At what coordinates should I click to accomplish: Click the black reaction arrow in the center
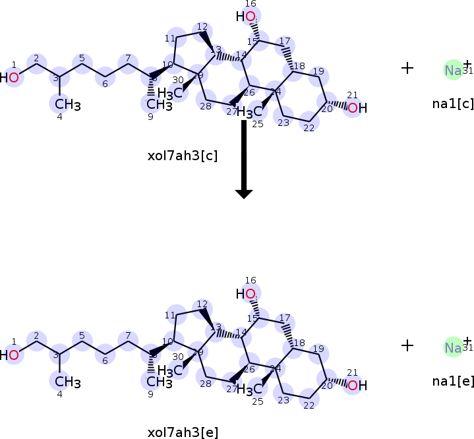tap(244, 158)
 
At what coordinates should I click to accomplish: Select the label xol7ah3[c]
tap(183, 156)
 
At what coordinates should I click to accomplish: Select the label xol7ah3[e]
tap(183, 432)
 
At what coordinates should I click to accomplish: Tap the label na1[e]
tap(453, 380)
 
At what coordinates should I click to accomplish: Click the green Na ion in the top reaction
tap(453, 71)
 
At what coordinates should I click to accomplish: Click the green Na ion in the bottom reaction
tap(453, 347)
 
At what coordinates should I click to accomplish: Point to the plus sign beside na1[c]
tap(407, 67)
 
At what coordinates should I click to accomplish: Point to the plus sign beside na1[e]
tap(407, 345)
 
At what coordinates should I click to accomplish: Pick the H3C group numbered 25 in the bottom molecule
tap(249, 390)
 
